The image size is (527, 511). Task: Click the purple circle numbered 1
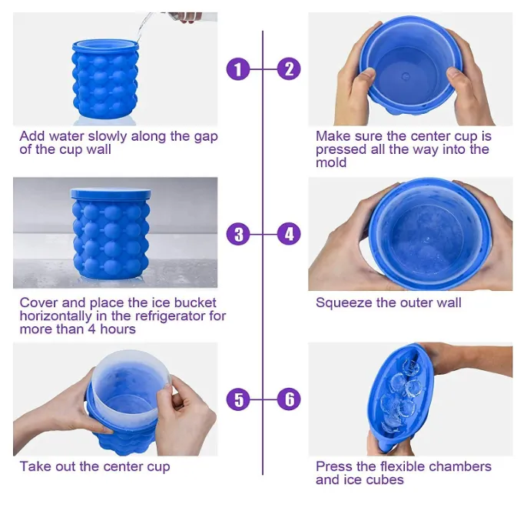coord(238,69)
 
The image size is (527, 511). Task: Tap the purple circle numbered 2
coord(289,69)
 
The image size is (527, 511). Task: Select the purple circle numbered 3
coord(238,234)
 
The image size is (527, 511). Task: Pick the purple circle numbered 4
coord(289,234)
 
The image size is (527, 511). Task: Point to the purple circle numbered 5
coord(238,399)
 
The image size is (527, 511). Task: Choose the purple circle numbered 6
coord(289,399)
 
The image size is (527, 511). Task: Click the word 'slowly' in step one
coord(108,137)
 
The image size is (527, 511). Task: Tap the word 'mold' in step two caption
coord(331,162)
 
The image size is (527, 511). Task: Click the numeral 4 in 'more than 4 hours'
coord(91,329)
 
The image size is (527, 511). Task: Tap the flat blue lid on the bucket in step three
coord(111,193)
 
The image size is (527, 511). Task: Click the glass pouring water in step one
coord(183,17)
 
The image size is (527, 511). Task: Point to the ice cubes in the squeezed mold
coord(400,397)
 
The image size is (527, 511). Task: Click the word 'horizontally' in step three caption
coord(55,316)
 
